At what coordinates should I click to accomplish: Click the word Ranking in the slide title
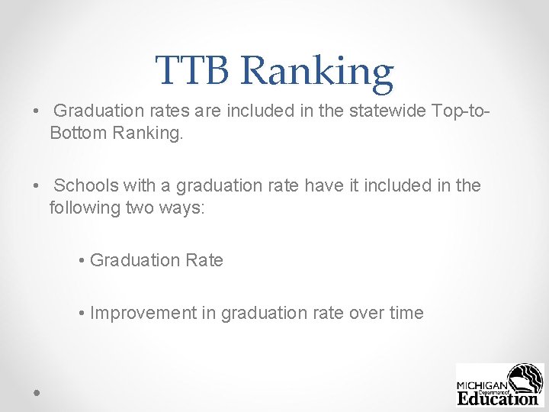(317, 72)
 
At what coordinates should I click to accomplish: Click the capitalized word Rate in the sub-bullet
(204, 260)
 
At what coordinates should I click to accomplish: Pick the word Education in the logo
(497, 398)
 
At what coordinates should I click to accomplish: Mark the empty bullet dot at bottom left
(37, 391)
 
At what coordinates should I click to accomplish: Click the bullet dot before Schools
(37, 186)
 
